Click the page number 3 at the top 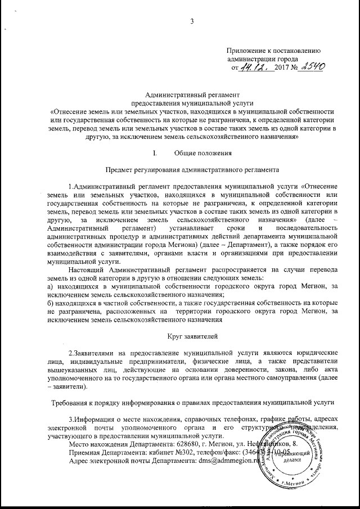tap(192, 21)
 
